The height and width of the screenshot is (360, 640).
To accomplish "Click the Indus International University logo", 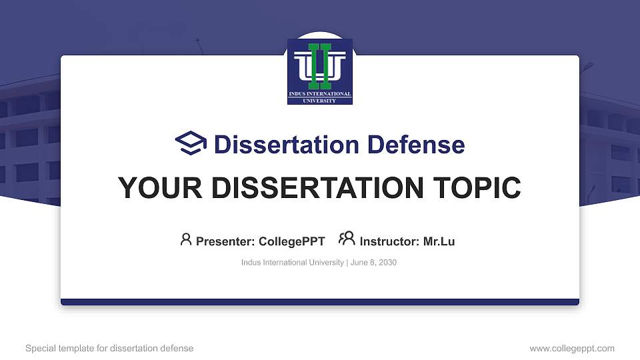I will coord(320,71).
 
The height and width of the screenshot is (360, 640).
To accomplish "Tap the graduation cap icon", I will coord(191,144).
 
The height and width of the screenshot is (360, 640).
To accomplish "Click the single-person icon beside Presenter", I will coord(186,239).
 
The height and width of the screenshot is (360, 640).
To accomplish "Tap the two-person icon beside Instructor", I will coord(347,239).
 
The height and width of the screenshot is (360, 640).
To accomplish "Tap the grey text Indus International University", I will coord(292,263).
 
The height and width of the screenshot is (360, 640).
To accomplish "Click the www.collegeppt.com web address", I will coord(572,348).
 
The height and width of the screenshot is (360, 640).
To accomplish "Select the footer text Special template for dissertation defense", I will coord(109,348).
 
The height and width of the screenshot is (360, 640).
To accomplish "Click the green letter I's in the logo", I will coord(320,66).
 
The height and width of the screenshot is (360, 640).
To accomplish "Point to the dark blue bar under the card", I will coord(320,302).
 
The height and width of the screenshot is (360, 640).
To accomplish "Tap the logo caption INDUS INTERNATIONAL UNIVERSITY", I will coord(320,97).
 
